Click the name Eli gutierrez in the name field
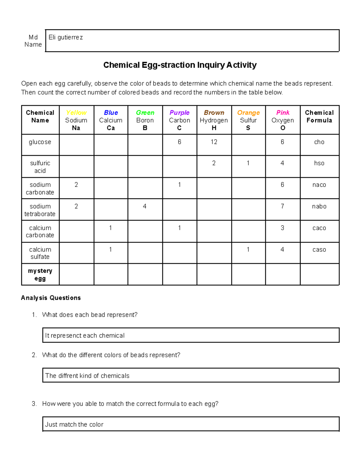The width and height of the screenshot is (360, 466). (66, 38)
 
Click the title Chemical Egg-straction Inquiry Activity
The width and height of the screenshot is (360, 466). (180, 65)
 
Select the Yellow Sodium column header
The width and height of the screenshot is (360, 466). (76, 120)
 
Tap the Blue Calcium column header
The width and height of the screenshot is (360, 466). (111, 120)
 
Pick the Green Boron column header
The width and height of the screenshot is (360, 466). (145, 120)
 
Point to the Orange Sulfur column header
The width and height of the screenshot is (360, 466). (248, 120)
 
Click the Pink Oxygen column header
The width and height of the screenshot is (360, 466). (283, 120)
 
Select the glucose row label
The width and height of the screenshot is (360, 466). (40, 142)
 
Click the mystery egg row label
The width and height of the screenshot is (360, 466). (40, 275)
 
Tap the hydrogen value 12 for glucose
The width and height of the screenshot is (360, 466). (214, 142)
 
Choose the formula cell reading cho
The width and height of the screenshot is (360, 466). (319, 142)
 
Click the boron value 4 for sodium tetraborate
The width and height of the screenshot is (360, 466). (145, 206)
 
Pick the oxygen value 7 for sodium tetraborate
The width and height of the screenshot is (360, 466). (282, 206)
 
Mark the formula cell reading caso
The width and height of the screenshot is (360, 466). (319, 250)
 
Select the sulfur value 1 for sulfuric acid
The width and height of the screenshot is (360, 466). (248, 163)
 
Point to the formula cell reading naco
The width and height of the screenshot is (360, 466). (319, 185)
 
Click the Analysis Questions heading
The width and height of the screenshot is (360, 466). (51, 298)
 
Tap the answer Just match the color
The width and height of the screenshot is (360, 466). (74, 425)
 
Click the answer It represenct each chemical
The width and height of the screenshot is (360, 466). (85, 336)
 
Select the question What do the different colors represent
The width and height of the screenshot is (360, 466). (111, 355)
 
